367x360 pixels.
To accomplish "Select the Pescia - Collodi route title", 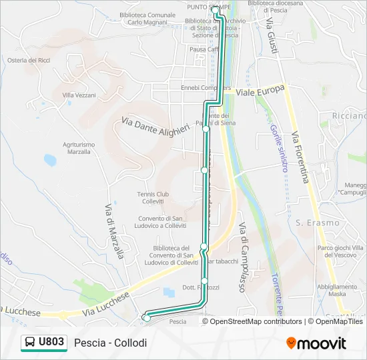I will [x=110, y=343].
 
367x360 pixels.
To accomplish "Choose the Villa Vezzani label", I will [x=79, y=95].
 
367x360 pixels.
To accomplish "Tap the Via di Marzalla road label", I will [x=113, y=230].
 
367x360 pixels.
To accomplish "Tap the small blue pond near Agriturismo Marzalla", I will [x=50, y=160].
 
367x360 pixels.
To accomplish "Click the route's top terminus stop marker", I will [x=216, y=9].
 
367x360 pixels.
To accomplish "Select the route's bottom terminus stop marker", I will [x=146, y=318].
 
